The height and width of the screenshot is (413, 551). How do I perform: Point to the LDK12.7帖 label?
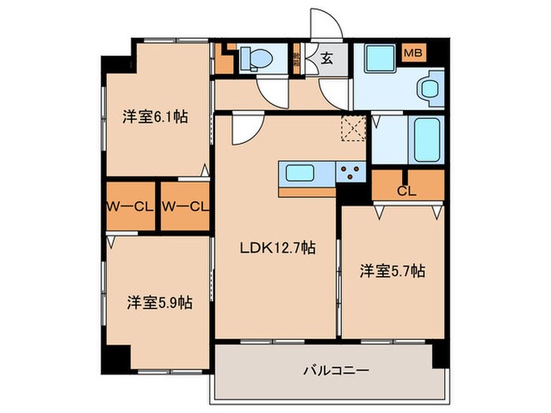click(x=278, y=248)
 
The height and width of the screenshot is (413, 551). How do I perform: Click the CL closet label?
click(x=406, y=190)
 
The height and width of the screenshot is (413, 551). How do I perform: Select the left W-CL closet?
click(x=130, y=207)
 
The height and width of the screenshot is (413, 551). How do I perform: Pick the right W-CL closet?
click(x=185, y=207)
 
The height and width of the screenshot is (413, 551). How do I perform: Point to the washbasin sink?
click(x=430, y=87)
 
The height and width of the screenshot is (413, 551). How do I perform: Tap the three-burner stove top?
click(x=349, y=172)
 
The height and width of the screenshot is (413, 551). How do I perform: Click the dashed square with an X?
click(x=353, y=127)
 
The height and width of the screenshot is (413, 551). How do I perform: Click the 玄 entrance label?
click(x=327, y=57)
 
